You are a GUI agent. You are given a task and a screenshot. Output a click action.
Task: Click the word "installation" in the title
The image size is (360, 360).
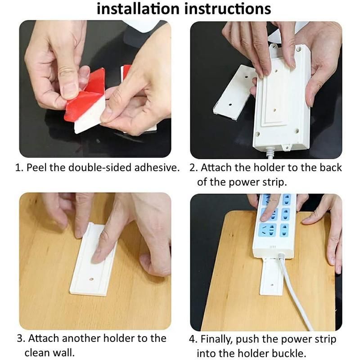138,9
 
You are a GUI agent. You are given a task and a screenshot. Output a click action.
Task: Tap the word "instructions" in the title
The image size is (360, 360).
228,9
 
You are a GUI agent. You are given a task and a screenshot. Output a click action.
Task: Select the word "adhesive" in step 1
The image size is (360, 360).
157,167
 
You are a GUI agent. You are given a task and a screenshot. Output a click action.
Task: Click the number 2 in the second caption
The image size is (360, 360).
193,168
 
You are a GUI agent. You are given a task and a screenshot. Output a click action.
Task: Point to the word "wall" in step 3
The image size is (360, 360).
65,352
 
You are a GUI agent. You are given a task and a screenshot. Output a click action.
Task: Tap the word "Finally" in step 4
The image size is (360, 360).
216,340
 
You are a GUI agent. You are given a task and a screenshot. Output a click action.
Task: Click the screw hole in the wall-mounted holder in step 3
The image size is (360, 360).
91,279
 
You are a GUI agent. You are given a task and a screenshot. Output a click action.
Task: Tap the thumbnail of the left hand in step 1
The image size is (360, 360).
68,88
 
